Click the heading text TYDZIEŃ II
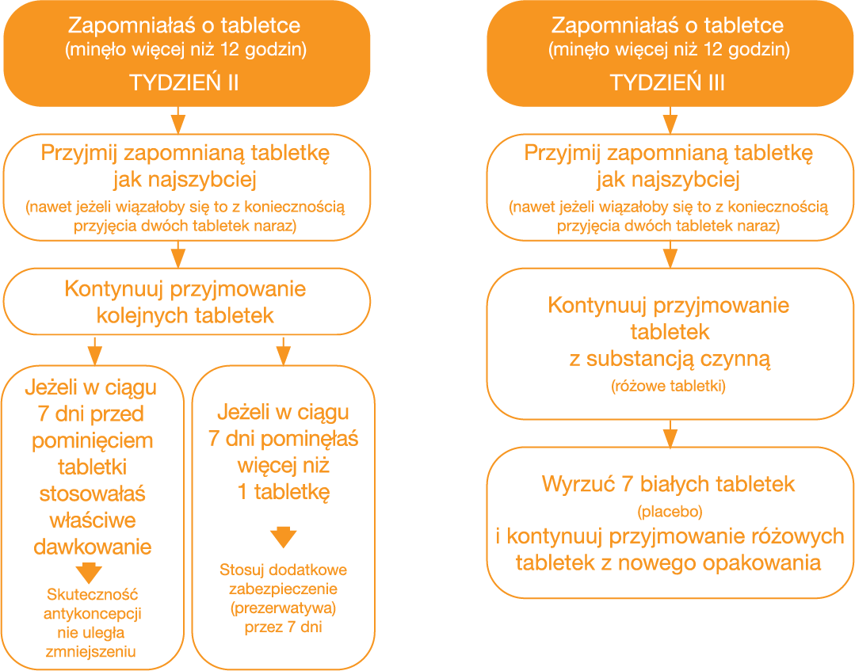(185, 82)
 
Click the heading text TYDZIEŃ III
(667, 82)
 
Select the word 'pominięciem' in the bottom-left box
(92, 440)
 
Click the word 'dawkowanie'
(92, 547)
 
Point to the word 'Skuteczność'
(92, 594)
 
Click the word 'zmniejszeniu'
(91, 651)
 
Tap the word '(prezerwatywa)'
(283, 608)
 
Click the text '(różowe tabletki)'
(669, 386)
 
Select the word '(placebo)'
(670, 511)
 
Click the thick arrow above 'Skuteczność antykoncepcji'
(89, 572)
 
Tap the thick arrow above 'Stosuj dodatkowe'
(284, 537)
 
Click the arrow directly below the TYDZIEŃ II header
(178, 120)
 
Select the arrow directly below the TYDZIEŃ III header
(670, 120)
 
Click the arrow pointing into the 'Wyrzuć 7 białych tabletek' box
(670, 433)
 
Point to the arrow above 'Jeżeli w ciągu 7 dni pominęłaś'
(284, 351)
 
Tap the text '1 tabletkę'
(284, 492)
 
